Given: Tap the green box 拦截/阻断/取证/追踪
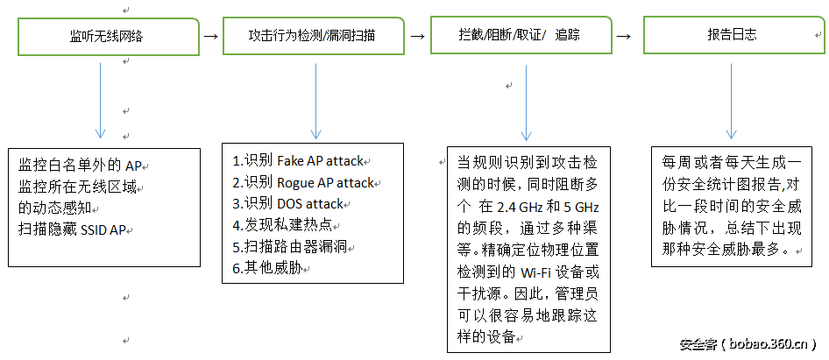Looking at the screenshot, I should [x=520, y=36].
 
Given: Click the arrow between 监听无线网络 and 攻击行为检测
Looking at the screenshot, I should [x=210, y=37].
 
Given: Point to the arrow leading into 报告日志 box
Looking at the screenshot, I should [x=623, y=37].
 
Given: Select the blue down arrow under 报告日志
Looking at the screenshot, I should [x=731, y=101].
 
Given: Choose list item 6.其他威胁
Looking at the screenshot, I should [x=263, y=268].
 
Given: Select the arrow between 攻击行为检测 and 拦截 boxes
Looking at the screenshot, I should [x=417, y=37].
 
